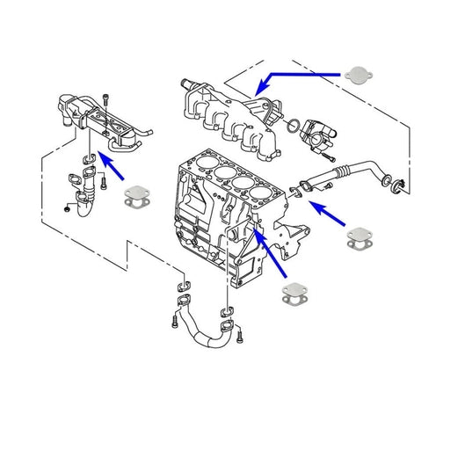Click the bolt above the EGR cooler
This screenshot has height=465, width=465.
tap(106, 98)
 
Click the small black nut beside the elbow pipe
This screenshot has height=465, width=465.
tap(67, 208)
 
